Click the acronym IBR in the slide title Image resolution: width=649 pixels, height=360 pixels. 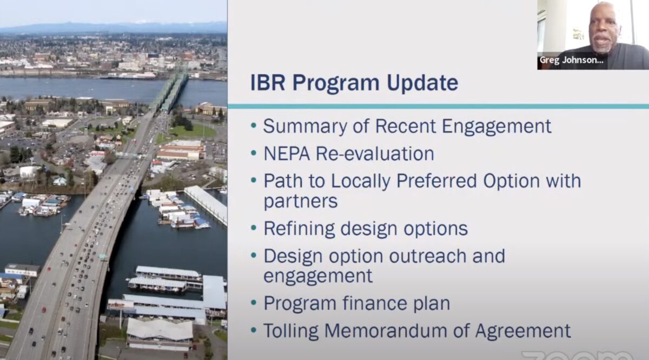(x=268, y=83)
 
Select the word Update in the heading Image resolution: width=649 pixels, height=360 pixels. (x=422, y=83)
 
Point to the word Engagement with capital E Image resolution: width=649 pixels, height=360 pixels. (x=496, y=126)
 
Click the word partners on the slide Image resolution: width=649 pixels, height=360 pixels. (x=301, y=201)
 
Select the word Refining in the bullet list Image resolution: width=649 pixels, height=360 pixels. (x=299, y=229)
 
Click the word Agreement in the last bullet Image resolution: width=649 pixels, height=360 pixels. (x=523, y=331)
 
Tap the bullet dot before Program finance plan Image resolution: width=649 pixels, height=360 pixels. (x=254, y=303)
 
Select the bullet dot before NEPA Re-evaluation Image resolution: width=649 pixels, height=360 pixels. (x=254, y=152)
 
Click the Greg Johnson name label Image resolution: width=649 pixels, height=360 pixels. (x=571, y=60)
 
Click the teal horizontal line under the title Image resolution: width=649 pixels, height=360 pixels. (x=438, y=106)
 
